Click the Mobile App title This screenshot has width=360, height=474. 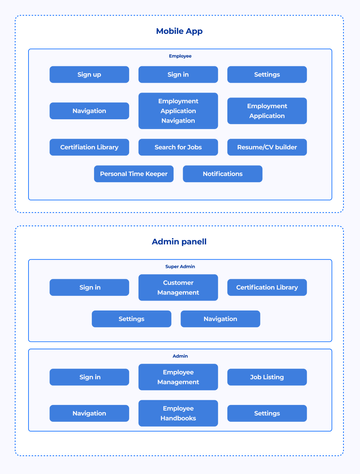point(179,32)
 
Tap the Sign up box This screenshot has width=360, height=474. point(89,74)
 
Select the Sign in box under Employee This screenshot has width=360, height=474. point(178,74)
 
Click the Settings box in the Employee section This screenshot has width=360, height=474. point(267,74)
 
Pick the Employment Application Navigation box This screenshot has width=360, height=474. point(178,110)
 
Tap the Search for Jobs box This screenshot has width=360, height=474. point(178,147)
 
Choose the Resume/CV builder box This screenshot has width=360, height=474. point(267,147)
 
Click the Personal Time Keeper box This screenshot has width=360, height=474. point(134,174)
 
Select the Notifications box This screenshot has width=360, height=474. point(222,174)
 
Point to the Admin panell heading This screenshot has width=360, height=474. point(179,242)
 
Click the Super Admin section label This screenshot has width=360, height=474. point(179,267)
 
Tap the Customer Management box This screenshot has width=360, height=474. point(178,287)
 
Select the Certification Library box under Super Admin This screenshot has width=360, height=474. point(267,287)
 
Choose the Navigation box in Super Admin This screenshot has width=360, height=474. point(220,319)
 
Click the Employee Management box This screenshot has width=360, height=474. point(178,377)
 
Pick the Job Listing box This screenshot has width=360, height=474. point(267,377)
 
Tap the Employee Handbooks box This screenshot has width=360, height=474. point(178,413)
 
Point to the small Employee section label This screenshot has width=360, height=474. point(179,57)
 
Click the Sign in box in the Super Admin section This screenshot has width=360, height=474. point(89,287)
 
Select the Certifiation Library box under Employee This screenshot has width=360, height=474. point(89,147)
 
